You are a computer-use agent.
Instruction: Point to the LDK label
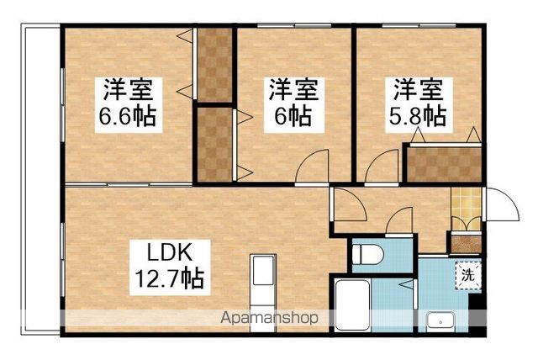point(172,251)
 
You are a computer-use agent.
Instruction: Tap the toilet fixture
point(367,254)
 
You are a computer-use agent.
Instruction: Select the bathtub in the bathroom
point(352,307)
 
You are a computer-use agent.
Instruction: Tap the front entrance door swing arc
point(503,204)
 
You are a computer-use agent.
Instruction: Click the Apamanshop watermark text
point(269,319)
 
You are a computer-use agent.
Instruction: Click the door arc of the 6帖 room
point(313,167)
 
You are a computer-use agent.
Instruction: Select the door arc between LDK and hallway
point(347,204)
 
